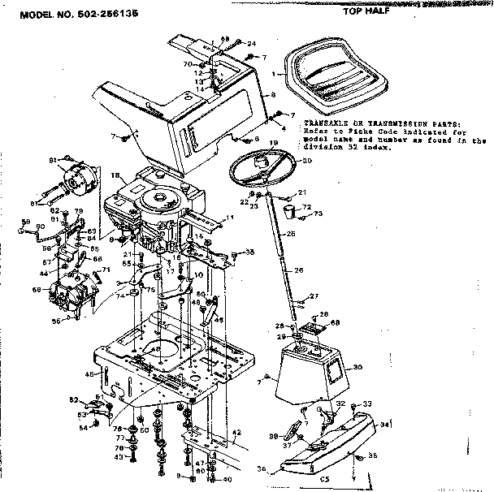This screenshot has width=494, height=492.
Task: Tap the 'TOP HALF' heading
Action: click(366, 12)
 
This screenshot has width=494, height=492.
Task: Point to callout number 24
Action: click(251, 42)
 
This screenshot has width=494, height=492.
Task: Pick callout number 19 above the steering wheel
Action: click(274, 143)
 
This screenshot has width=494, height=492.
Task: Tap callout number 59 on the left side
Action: click(25, 222)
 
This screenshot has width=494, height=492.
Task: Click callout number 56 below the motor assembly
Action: click(56, 322)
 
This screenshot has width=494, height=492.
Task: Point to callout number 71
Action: click(106, 270)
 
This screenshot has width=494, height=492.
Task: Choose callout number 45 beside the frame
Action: click(88, 374)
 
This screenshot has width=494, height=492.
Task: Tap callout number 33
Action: click(366, 404)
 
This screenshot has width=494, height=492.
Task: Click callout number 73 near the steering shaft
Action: click(318, 214)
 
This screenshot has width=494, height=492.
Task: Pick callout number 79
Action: click(79, 212)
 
